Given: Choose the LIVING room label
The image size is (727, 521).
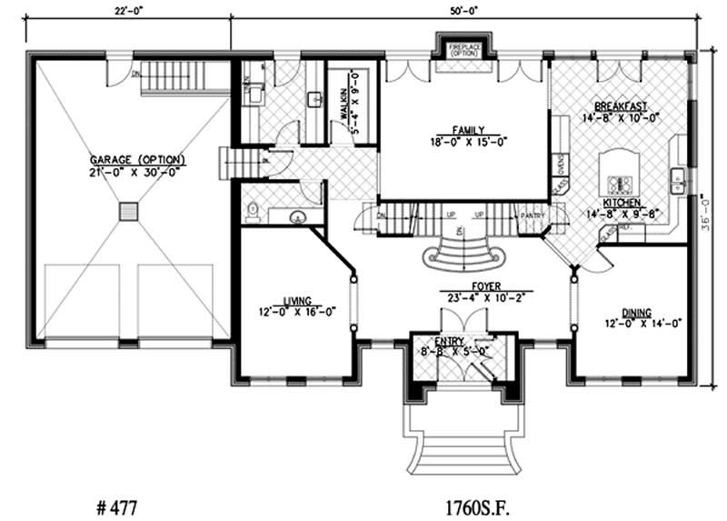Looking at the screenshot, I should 297,300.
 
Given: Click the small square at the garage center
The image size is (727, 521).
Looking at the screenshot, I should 130,211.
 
